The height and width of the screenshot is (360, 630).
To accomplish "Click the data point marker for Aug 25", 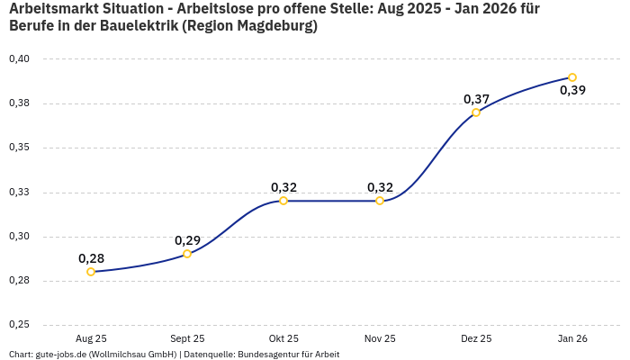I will pyautogui.click(x=91, y=272).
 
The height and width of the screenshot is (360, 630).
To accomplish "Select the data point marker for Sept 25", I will pyautogui.click(x=187, y=254).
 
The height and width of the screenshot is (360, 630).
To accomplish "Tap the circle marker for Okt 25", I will pyautogui.click(x=283, y=201).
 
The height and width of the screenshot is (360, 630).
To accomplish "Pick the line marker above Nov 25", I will pyautogui.click(x=380, y=201).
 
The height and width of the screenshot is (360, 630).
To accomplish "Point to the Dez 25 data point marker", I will pyautogui.click(x=476, y=112).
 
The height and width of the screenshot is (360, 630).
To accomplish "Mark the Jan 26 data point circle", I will pyautogui.click(x=572, y=77).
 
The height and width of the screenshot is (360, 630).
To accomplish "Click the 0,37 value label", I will pyautogui.click(x=476, y=99).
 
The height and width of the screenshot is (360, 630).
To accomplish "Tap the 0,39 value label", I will pyautogui.click(x=572, y=90).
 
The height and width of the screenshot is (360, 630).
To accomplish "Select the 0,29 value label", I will pyautogui.click(x=187, y=240).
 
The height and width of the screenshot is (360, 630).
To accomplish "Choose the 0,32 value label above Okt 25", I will pyautogui.click(x=283, y=187).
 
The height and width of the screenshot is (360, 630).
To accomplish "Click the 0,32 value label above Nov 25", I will pyautogui.click(x=380, y=187).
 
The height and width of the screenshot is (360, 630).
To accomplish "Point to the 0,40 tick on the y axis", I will pyautogui.click(x=19, y=59).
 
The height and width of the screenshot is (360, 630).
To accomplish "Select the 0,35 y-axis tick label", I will pyautogui.click(x=19, y=148).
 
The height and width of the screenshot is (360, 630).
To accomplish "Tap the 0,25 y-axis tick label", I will pyautogui.click(x=19, y=325).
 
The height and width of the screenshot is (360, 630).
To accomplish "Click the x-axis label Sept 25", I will pyautogui.click(x=187, y=339).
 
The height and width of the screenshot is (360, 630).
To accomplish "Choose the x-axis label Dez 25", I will pyautogui.click(x=476, y=339).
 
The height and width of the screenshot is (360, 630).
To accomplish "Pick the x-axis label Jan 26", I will pyautogui.click(x=572, y=339).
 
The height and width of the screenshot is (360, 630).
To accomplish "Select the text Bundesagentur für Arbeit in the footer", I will pyautogui.click(x=287, y=355).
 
